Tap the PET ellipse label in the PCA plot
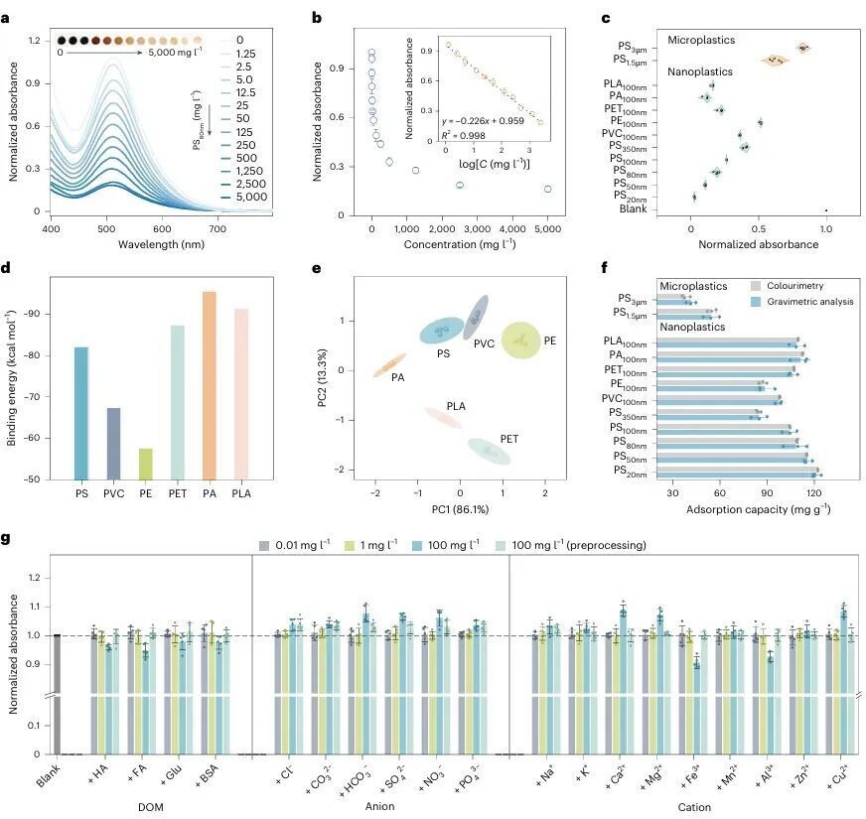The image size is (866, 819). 508,439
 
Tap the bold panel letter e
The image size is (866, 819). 317,268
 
